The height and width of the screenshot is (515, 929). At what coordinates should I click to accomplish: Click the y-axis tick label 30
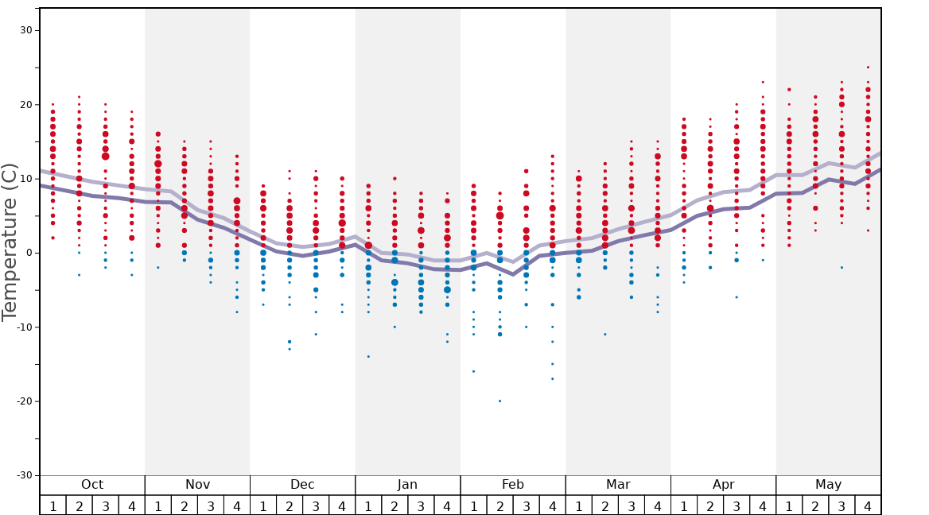25,30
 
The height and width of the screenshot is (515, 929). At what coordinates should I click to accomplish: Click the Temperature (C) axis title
10,242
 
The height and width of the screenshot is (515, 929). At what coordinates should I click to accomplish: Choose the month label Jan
407,485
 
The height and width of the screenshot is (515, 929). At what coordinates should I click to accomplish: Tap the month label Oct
92,485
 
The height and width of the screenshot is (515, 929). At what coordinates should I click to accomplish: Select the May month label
828,485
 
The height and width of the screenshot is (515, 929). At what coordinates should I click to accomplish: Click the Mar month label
618,485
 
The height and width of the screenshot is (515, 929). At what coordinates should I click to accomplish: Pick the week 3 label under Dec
316,505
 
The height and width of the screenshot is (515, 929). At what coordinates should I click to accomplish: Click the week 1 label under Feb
473,505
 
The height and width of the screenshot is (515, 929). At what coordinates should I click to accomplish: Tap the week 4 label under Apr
763,505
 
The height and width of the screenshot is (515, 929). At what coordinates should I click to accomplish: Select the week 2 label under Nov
185,505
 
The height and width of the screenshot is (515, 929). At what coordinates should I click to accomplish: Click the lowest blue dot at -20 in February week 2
499,401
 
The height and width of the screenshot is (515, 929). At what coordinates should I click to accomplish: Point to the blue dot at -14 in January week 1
368,356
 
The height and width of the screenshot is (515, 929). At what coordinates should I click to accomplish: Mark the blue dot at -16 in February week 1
473,371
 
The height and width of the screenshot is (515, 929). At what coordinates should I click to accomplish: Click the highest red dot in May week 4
868,68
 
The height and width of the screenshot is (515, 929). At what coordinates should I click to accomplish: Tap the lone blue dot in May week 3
842,267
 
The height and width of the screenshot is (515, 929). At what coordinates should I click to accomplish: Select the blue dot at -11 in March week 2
605,334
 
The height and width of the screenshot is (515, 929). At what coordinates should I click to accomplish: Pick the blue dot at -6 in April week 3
737,297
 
